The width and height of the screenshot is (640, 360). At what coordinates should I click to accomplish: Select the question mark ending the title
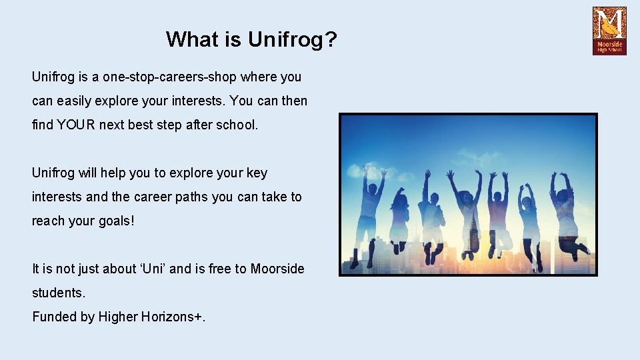331,39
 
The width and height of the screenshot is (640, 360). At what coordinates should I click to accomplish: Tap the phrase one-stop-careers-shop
170,77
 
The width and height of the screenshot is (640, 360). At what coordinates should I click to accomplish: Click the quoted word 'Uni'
179,269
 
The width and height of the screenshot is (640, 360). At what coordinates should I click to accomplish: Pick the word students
58,293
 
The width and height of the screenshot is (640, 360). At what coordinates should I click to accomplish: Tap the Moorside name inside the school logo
609,43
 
